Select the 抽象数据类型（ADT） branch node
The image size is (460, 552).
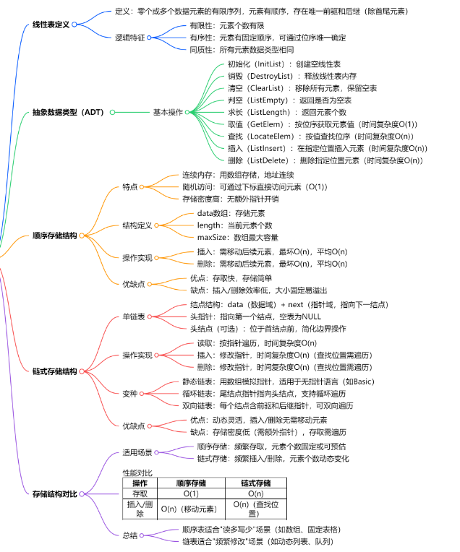click(x=69, y=113)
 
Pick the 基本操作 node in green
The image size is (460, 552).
click(x=167, y=113)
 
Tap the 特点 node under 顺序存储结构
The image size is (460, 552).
click(x=129, y=186)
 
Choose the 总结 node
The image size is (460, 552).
click(x=129, y=535)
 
